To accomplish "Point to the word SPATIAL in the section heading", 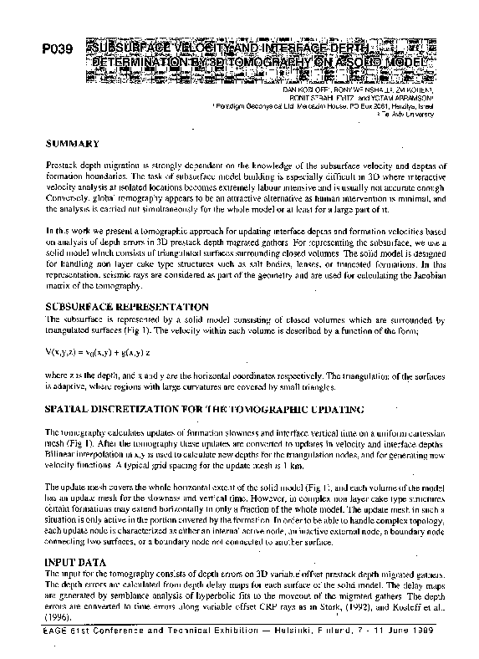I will tap(68, 410).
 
